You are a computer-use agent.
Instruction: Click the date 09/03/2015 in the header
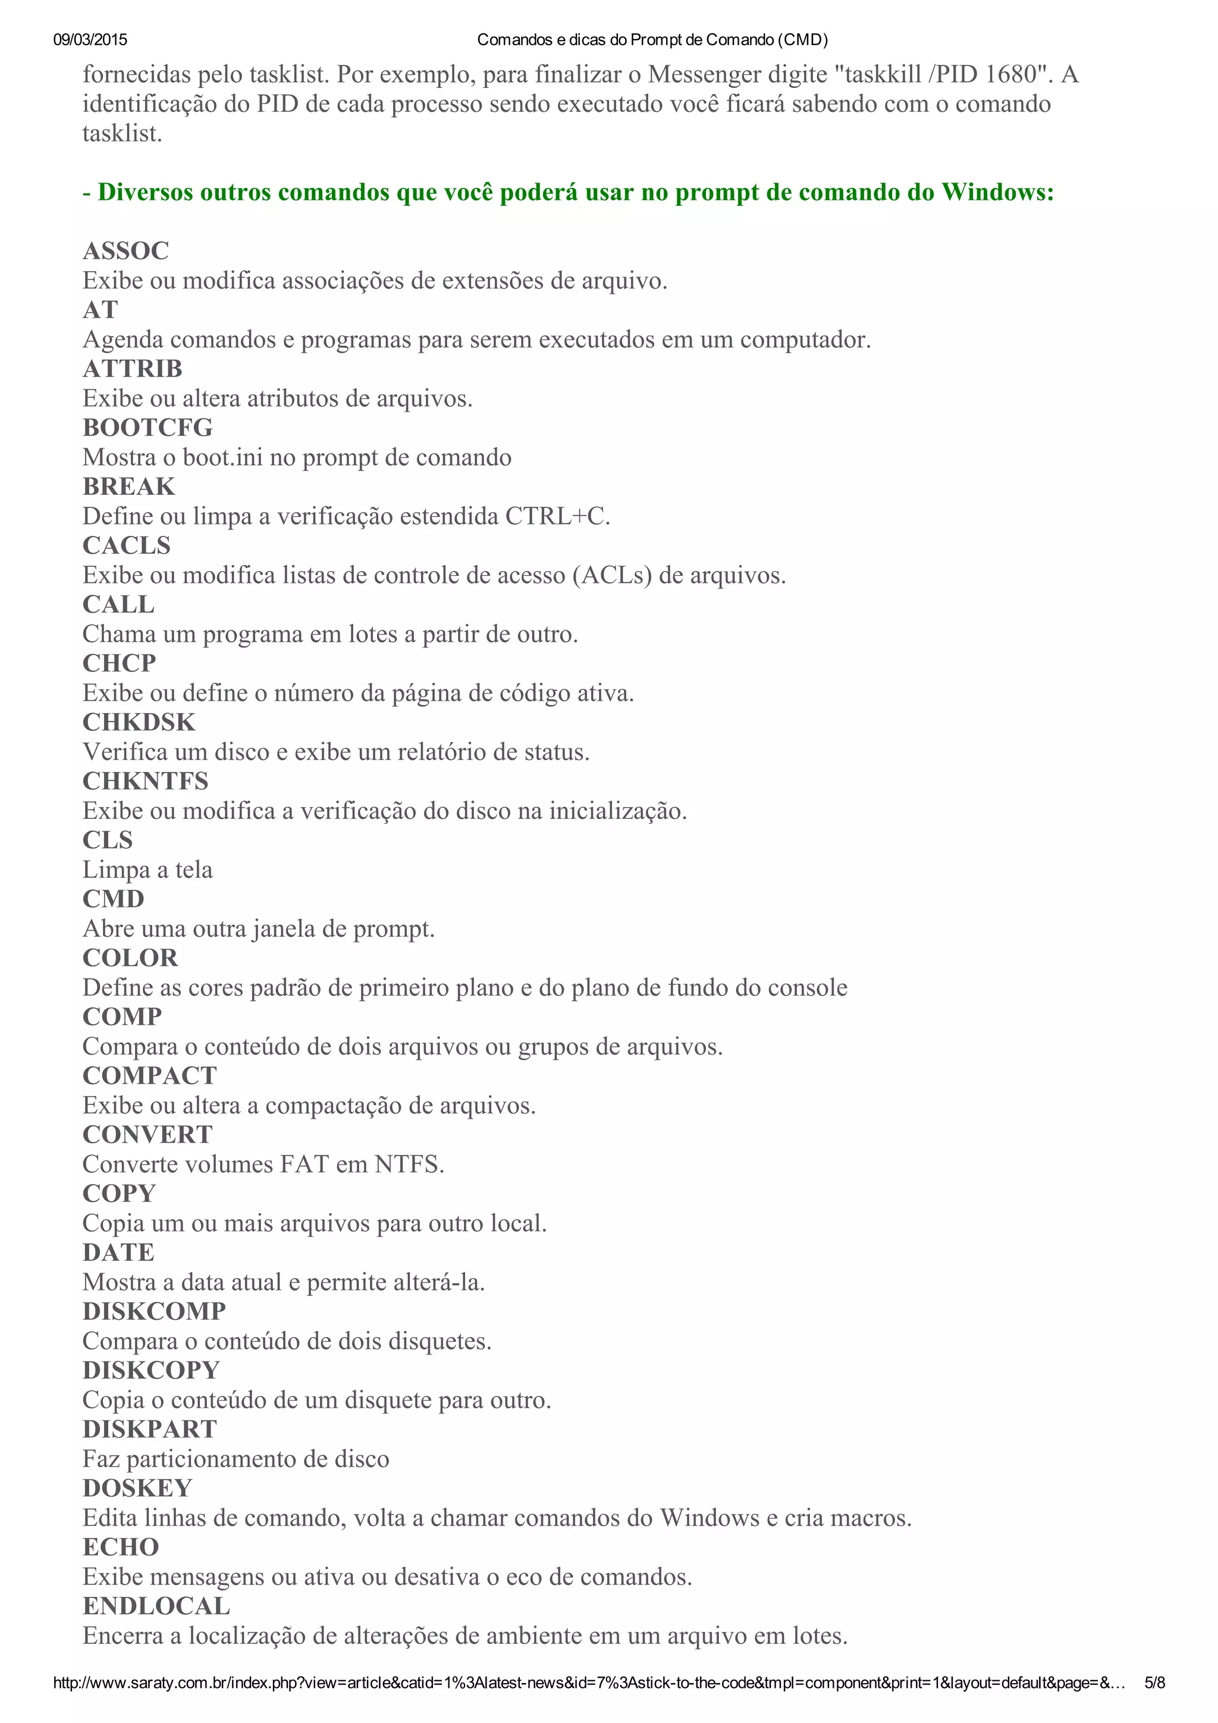90,40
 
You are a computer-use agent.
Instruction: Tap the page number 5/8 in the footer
1154,1683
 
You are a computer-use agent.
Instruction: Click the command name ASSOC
126,250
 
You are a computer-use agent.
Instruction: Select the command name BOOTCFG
148,428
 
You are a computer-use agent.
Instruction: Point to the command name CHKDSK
139,722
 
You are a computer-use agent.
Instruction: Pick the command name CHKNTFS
146,781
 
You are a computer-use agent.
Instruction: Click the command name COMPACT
149,1075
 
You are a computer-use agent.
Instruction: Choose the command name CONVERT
148,1135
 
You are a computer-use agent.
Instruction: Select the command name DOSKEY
137,1488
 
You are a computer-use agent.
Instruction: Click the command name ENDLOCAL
156,1606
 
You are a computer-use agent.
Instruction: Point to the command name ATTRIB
133,369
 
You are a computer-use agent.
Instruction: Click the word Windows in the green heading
997,192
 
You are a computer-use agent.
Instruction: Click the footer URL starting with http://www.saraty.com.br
589,1683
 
